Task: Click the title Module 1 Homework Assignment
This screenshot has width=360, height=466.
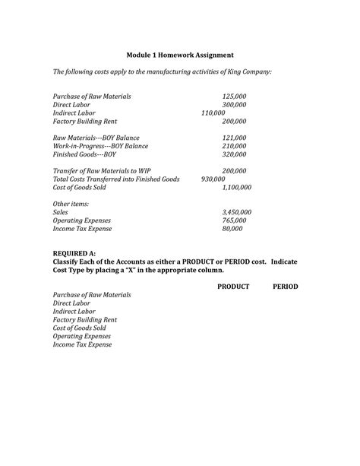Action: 180,55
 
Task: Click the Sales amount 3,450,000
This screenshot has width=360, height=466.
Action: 236,212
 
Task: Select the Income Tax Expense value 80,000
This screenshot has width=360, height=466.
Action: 232,228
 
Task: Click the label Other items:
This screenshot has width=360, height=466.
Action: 71,204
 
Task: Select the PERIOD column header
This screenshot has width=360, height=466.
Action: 286,287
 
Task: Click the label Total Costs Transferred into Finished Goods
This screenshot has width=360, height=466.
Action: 115,179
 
